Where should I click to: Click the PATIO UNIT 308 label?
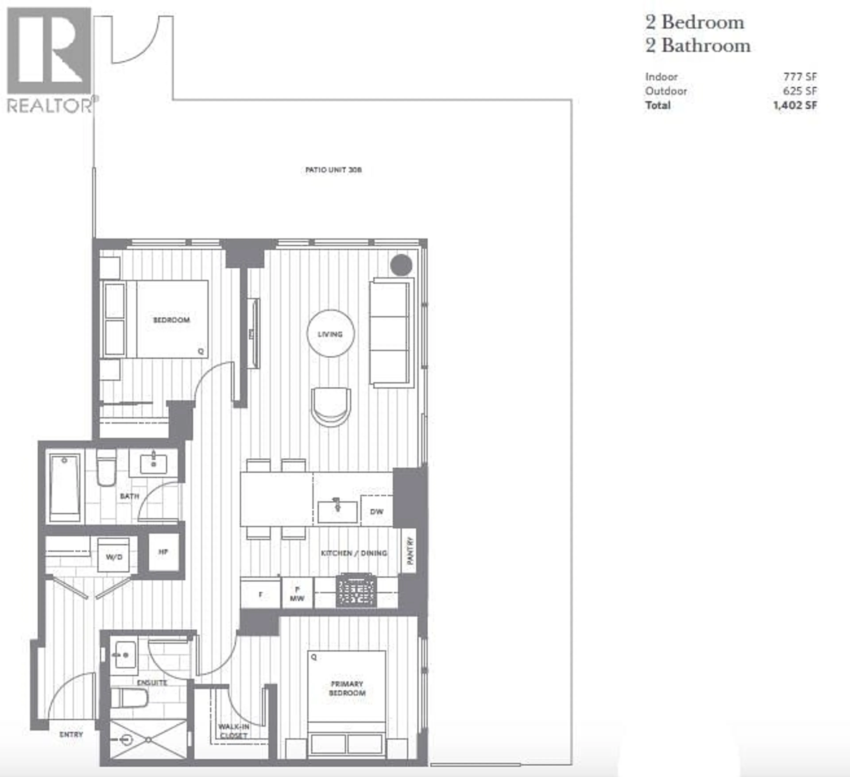coord(333,170)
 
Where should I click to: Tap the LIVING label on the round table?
coord(330,334)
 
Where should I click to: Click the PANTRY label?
coord(410,551)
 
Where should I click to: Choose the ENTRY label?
coord(71,735)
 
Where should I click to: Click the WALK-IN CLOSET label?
coord(234,731)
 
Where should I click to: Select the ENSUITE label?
coord(152,683)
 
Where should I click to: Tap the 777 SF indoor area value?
coord(800,77)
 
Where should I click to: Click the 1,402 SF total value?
coord(795,105)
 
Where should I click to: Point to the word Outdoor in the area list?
coord(666,91)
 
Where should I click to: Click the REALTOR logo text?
coord(50,106)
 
